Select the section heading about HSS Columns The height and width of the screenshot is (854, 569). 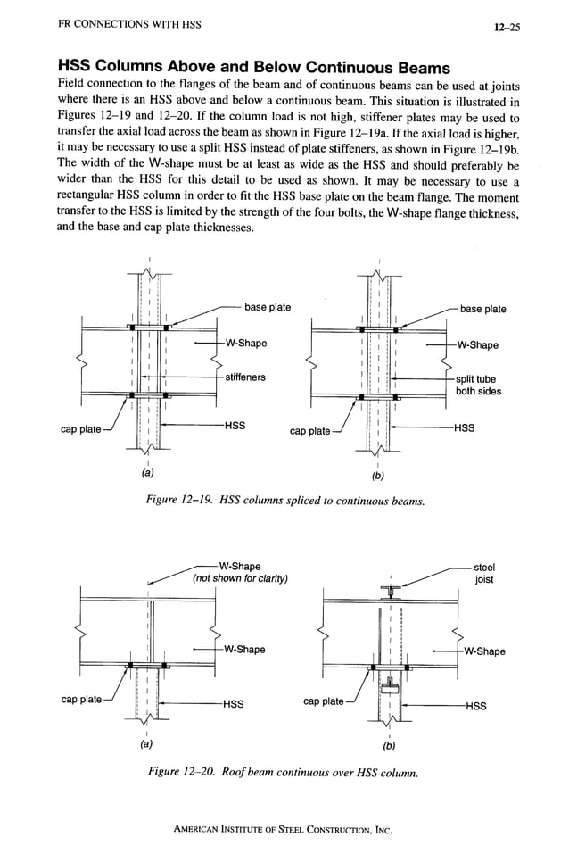[x=253, y=68]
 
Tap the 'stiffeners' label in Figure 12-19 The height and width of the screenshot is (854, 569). [x=244, y=377]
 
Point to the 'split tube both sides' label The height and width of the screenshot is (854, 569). [x=478, y=386]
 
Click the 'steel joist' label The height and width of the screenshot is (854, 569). [x=484, y=573]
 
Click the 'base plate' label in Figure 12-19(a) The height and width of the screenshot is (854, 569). [x=268, y=308]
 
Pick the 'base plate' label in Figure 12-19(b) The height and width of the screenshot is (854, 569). [x=482, y=309]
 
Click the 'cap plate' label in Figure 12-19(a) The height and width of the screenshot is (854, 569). [x=80, y=429]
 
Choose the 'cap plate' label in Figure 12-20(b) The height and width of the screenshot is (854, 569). [x=323, y=701]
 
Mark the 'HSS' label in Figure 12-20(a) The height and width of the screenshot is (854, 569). [x=233, y=704]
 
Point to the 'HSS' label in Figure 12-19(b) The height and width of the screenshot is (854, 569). [x=464, y=427]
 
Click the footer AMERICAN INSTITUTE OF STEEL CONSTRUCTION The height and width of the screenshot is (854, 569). [x=284, y=829]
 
